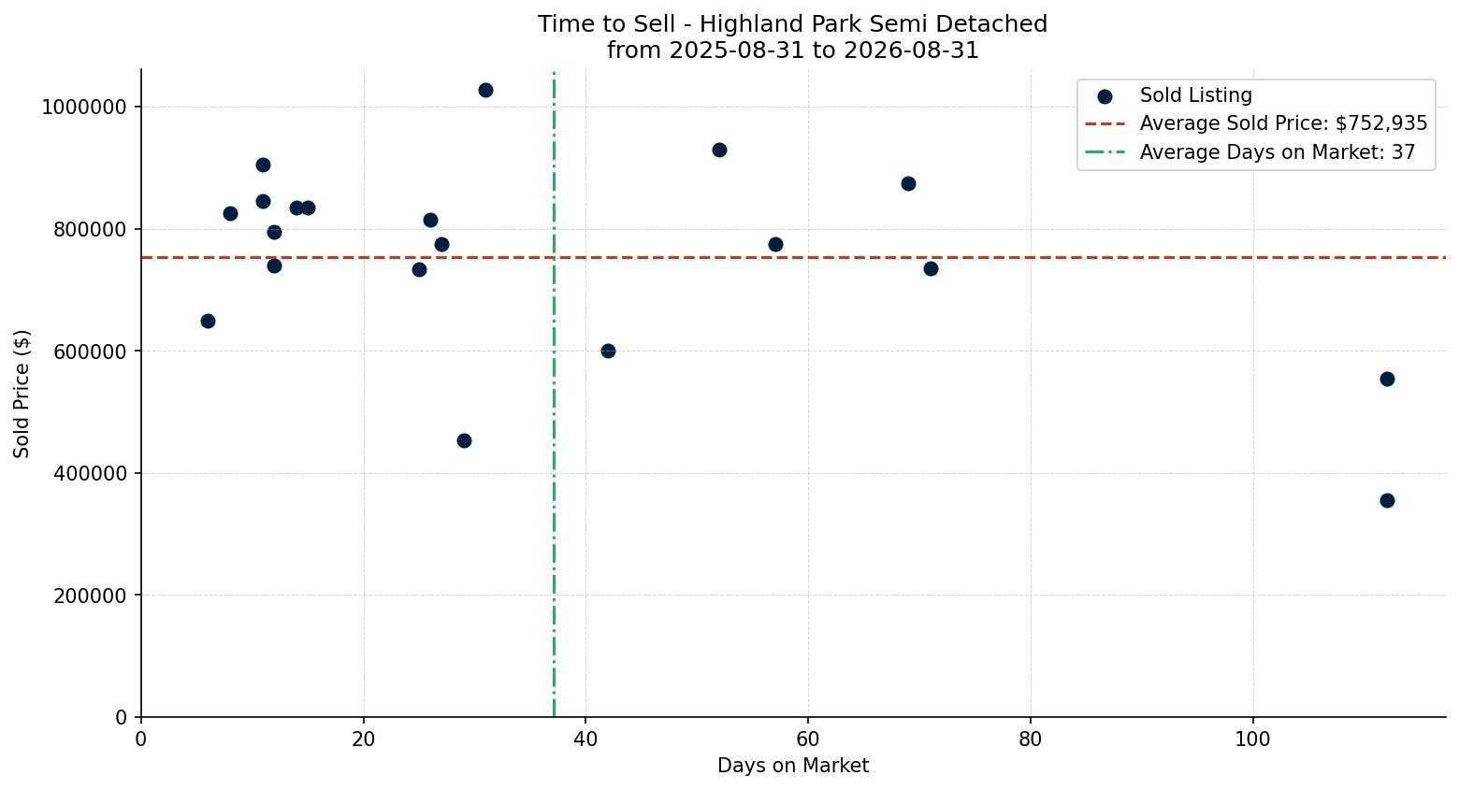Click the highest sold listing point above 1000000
(485, 91)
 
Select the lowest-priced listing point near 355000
(1387, 501)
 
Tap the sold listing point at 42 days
(608, 351)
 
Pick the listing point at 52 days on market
(719, 151)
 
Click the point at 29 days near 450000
(464, 441)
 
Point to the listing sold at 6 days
(208, 321)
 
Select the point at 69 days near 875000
(908, 183)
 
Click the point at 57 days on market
(775, 245)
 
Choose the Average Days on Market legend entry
(1250, 152)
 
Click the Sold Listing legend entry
(1175, 95)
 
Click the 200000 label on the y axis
(90, 596)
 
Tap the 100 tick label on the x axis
(1253, 740)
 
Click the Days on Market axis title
(793, 766)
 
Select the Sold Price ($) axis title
(22, 394)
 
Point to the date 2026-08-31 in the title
(911, 50)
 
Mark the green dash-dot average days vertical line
(554, 394)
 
